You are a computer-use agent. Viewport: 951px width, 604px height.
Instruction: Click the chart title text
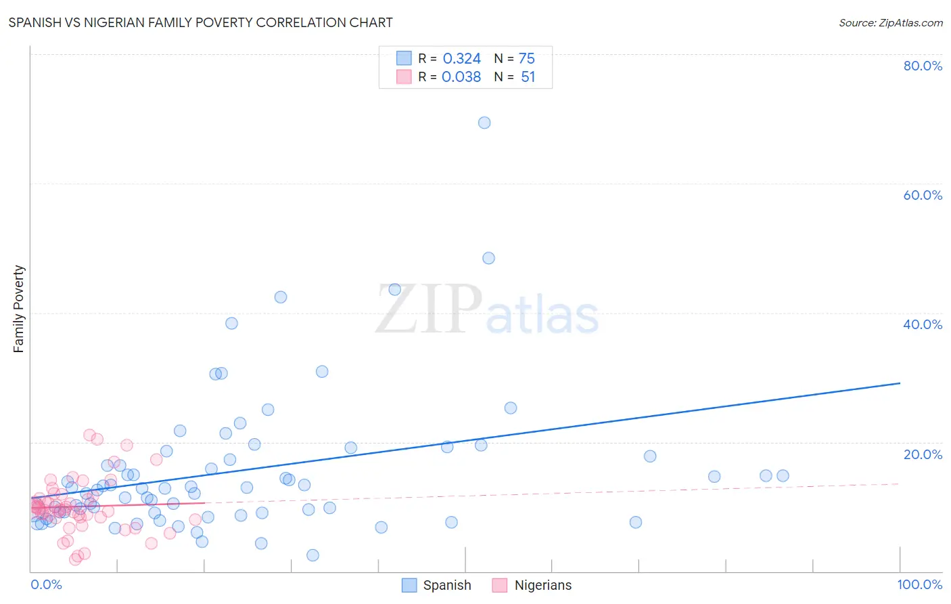200,22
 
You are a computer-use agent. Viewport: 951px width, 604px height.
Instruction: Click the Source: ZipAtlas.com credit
890,22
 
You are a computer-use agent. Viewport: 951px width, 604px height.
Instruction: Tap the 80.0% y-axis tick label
923,66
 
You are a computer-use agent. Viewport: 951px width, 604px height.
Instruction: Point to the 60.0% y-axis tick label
923,195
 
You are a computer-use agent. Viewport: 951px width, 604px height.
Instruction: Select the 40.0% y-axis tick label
923,324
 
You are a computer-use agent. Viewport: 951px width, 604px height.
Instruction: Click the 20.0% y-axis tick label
923,454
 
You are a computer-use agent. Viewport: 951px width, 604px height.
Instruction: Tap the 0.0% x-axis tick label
46,584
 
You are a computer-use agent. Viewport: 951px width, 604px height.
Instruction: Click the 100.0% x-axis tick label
919,584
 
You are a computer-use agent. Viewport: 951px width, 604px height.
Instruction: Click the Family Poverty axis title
19,309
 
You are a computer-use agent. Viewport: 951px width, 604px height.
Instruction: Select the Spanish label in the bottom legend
446,585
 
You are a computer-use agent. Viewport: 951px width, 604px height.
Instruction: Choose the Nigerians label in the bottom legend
542,585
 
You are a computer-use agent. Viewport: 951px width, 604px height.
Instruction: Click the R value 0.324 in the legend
461,59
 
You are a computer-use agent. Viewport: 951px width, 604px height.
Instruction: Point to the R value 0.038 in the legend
461,77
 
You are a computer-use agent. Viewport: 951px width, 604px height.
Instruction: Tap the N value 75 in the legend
526,59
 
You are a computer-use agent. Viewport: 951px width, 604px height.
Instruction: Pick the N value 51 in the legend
528,77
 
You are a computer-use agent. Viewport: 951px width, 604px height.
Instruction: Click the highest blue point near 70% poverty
484,123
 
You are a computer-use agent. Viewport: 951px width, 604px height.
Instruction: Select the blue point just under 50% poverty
488,258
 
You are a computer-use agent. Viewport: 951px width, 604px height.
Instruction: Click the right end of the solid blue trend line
900,383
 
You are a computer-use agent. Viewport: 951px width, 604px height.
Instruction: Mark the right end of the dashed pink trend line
900,483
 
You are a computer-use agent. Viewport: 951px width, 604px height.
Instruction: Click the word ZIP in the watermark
429,309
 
